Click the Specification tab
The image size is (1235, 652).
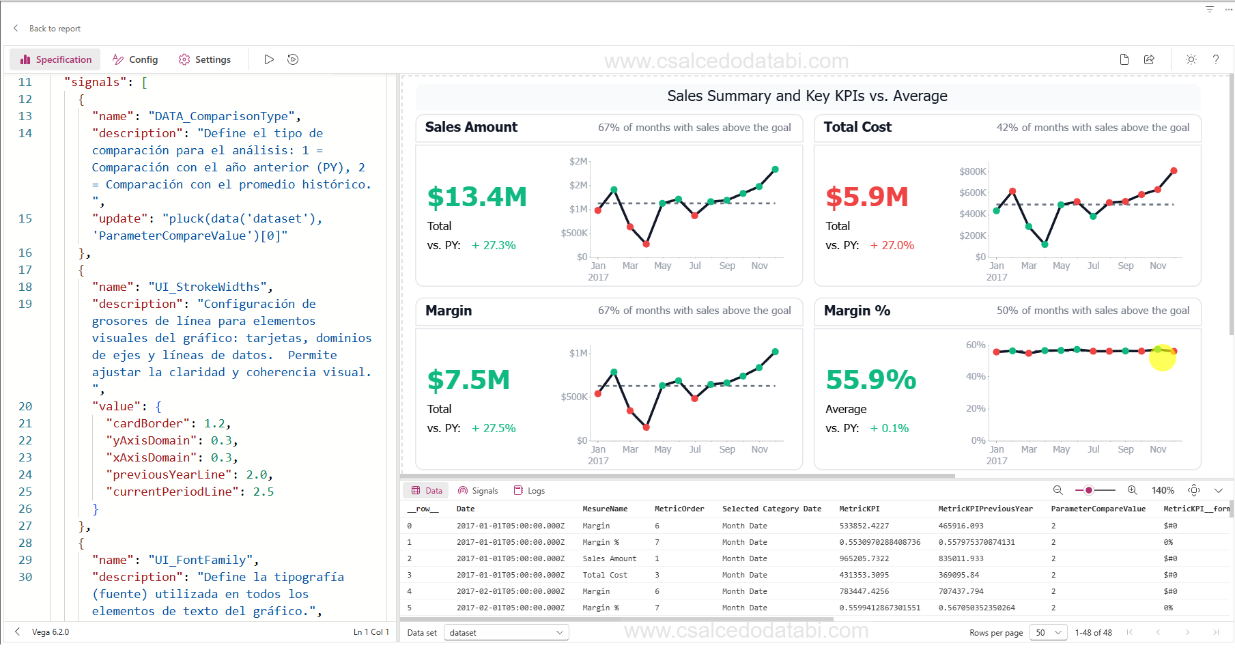pos(55,59)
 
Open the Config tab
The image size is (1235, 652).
pos(135,59)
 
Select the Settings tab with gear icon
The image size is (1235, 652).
pos(204,59)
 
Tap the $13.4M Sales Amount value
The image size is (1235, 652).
pos(477,197)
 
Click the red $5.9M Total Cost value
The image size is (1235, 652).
pos(866,197)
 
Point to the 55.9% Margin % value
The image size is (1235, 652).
pos(870,380)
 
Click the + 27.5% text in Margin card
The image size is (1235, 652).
pos(494,428)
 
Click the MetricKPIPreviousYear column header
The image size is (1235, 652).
pos(985,509)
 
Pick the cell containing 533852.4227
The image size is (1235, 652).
pos(864,526)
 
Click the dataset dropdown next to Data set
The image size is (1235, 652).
pos(506,632)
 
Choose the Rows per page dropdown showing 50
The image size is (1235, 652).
pos(1048,632)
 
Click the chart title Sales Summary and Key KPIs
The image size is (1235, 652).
pos(807,96)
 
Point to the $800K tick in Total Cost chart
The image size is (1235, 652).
pos(971,171)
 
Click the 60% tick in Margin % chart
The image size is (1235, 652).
pos(975,345)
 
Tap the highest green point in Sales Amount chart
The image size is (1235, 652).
pos(775,169)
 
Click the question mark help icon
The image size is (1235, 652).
pos(1216,59)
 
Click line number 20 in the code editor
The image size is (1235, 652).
pos(25,406)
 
